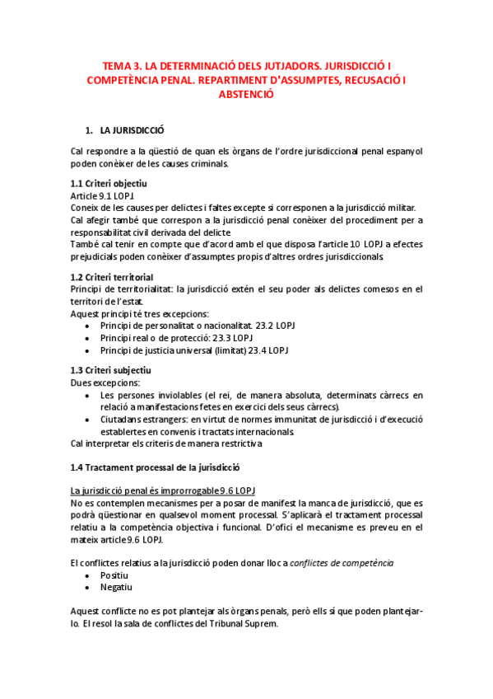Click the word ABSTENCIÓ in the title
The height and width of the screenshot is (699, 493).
245,95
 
